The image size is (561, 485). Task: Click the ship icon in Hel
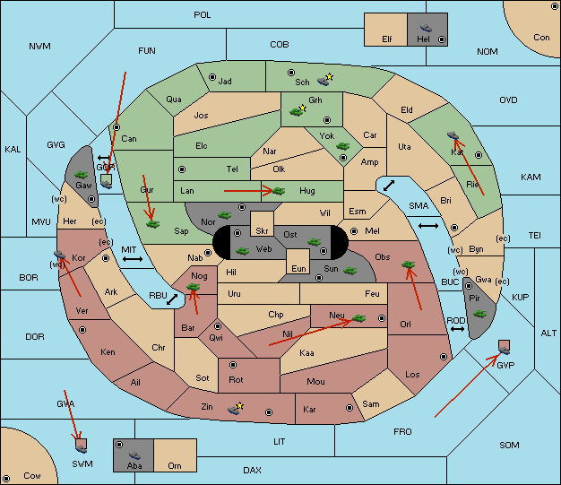[426, 28]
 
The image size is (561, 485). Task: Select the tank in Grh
[298, 111]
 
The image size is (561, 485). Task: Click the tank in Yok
[342, 146]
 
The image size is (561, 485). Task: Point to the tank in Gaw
[82, 175]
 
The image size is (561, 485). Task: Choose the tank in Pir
[479, 314]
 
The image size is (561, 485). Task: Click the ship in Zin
[235, 409]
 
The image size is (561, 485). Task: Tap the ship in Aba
[135, 455]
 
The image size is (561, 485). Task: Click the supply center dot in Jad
[212, 77]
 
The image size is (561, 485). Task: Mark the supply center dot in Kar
[350, 408]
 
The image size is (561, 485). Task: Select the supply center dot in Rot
[233, 365]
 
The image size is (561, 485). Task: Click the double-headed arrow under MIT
[133, 259]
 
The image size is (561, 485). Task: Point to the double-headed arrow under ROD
[457, 329]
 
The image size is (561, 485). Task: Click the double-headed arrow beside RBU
[172, 299]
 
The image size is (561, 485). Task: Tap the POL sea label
[203, 15]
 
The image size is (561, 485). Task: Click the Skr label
[262, 231]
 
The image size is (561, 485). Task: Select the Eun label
[298, 268]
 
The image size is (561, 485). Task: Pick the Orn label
[175, 465]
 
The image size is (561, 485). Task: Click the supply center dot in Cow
[6, 479]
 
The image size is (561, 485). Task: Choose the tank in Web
[243, 250]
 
